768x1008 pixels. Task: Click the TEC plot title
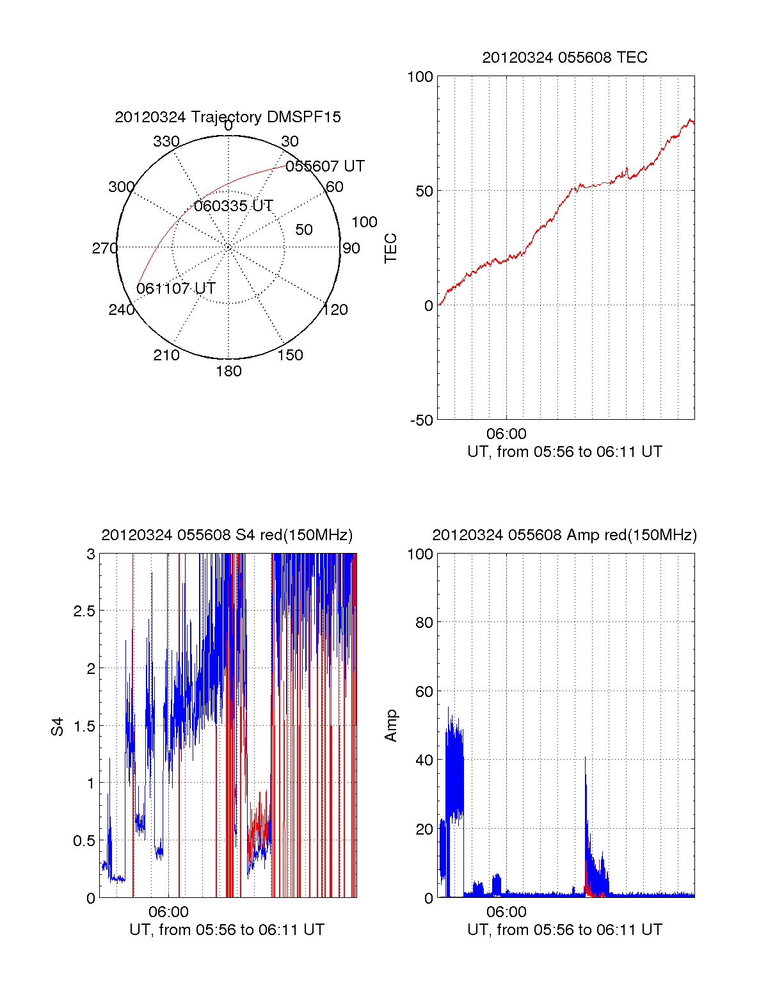564,58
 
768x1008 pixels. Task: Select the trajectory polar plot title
228,117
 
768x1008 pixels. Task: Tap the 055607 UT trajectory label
325,166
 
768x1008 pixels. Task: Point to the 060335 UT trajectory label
234,206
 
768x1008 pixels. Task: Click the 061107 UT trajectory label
176,289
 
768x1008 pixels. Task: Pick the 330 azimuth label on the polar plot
166,141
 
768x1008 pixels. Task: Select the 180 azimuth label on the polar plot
228,371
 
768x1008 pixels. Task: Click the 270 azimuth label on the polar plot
104,248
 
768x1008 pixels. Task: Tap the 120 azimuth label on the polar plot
335,310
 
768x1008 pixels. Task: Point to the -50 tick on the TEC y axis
422,420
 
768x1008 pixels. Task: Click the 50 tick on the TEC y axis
424,191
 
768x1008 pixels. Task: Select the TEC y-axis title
390,248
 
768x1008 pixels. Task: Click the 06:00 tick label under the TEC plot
506,435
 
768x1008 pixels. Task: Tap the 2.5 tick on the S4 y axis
84,611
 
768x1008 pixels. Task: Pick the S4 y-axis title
58,726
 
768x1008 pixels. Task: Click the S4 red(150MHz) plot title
227,535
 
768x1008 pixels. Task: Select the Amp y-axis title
390,726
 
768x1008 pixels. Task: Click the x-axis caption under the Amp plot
564,930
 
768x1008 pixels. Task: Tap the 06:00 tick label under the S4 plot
168,912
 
